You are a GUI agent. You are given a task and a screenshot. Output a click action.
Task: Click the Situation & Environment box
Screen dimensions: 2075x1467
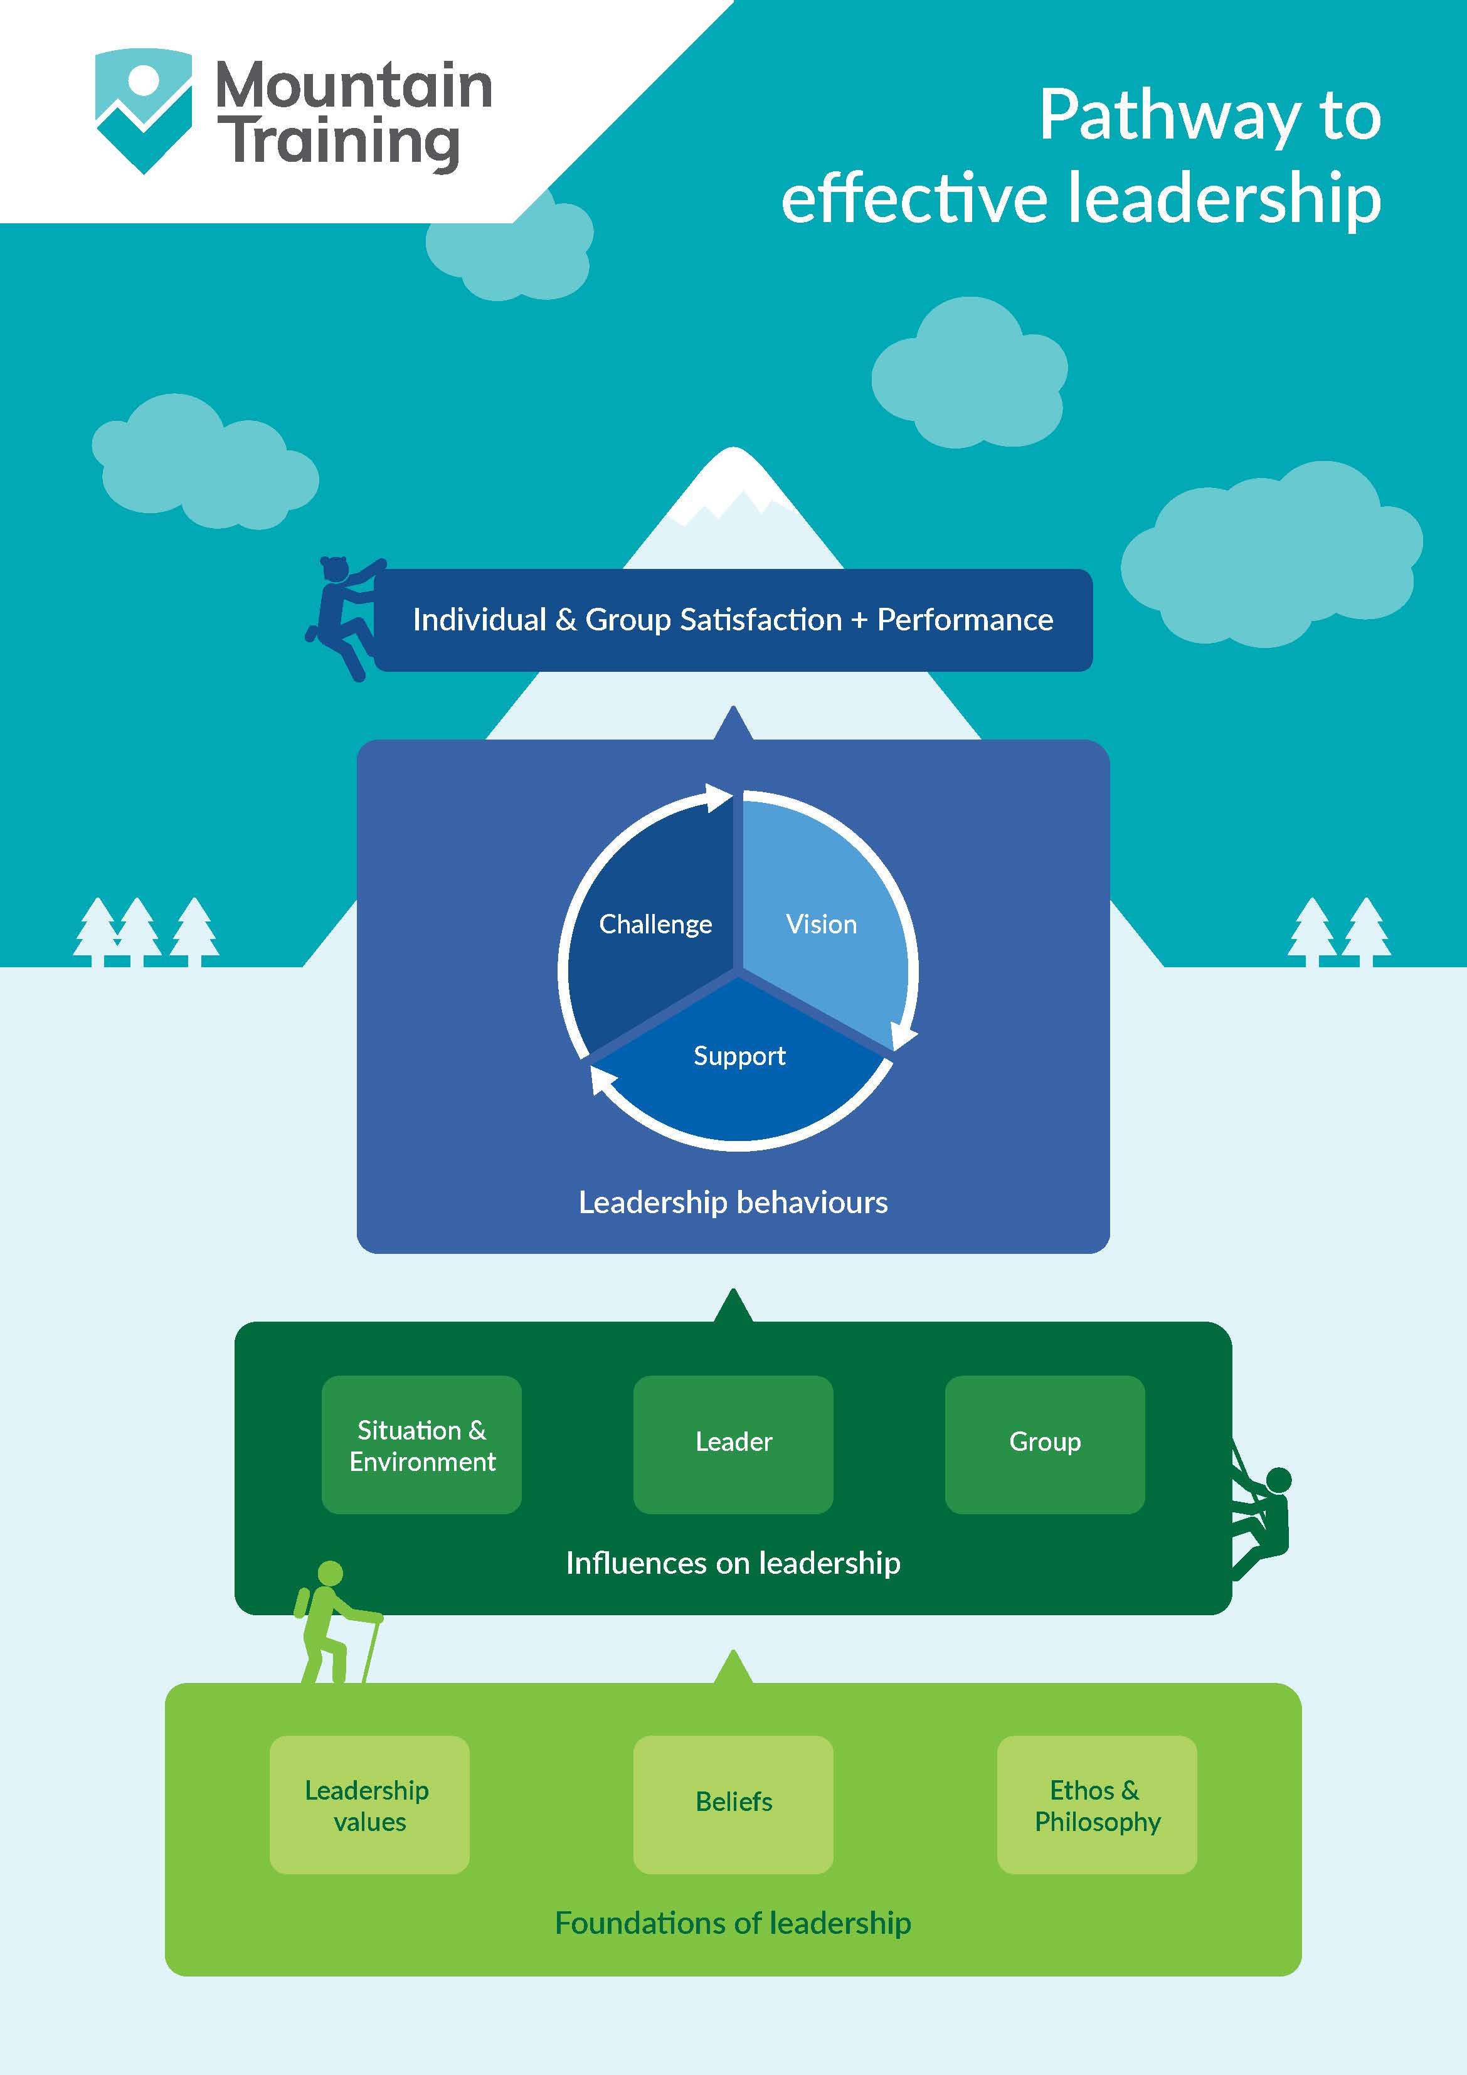coord(421,1444)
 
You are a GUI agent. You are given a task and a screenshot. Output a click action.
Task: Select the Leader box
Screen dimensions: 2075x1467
coord(733,1444)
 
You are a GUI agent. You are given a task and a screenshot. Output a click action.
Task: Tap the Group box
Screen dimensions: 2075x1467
coord(1044,1444)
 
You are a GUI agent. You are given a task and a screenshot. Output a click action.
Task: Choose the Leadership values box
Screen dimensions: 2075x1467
coord(369,1805)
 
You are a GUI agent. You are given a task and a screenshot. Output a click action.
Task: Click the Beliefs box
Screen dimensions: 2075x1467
coord(733,1805)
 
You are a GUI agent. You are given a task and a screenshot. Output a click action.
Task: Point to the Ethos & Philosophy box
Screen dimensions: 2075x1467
coord(1096,1805)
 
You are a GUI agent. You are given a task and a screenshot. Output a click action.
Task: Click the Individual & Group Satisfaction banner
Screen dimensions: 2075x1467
coord(733,620)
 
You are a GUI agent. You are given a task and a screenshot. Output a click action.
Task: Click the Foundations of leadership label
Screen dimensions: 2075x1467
coord(733,1923)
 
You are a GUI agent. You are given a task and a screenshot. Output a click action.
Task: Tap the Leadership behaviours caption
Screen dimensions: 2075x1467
coord(733,1202)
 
